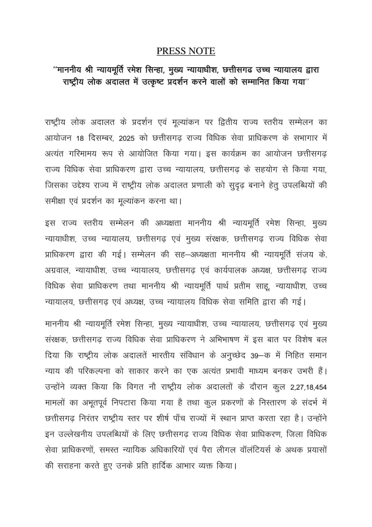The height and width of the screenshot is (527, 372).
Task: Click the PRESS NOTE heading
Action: pyautogui.click(x=186, y=51)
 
